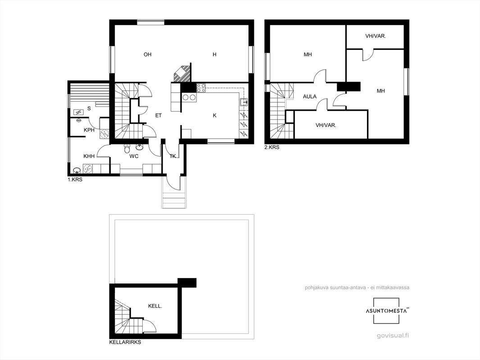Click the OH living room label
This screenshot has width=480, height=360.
[148, 54]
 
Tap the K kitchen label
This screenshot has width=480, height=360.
[215, 115]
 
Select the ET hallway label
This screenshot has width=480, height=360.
[158, 115]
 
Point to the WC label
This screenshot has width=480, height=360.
[134, 156]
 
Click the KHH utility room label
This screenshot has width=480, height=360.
[89, 156]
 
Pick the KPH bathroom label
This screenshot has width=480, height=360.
[89, 130]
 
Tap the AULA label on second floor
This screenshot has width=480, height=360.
[310, 97]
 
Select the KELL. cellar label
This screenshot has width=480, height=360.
[155, 306]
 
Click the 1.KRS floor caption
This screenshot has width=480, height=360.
[75, 180]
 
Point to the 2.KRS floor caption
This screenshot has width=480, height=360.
[272, 147]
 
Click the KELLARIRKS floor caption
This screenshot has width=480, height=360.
[125, 342]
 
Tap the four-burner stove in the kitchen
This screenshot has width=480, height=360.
[201, 88]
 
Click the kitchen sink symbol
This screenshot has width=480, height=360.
[244, 102]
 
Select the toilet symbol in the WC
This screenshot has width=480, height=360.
[127, 148]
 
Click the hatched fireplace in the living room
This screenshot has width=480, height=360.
[182, 74]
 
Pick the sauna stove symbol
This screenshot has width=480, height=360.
[78, 112]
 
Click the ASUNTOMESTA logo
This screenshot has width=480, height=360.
[386, 311]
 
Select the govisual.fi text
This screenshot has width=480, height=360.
[393, 335]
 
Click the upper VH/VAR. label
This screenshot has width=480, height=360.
[376, 36]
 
